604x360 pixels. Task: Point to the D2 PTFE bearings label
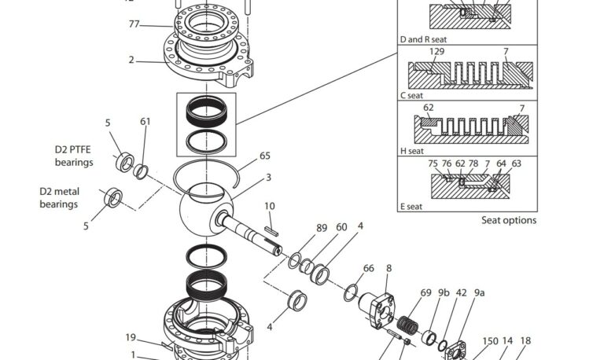[x=74, y=156]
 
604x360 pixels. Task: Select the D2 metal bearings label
[x=59, y=197]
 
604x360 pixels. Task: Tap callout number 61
[x=145, y=121]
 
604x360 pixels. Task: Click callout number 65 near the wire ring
[x=265, y=156]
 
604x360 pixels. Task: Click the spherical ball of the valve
[x=202, y=211]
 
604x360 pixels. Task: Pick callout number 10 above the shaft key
[x=270, y=206]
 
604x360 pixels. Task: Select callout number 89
[x=321, y=228]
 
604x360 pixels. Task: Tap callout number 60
[x=341, y=228]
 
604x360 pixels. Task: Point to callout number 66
[x=368, y=269]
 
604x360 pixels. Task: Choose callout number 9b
[x=444, y=292]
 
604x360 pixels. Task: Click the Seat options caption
[x=509, y=220]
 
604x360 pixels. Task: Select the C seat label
[x=411, y=95]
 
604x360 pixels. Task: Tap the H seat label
[x=411, y=151]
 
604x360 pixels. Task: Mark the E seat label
[x=411, y=207]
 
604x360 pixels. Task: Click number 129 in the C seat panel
[x=437, y=51]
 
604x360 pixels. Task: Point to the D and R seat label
[x=425, y=39]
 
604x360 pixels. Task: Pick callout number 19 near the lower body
[x=131, y=338]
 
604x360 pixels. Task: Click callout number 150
[x=490, y=341]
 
